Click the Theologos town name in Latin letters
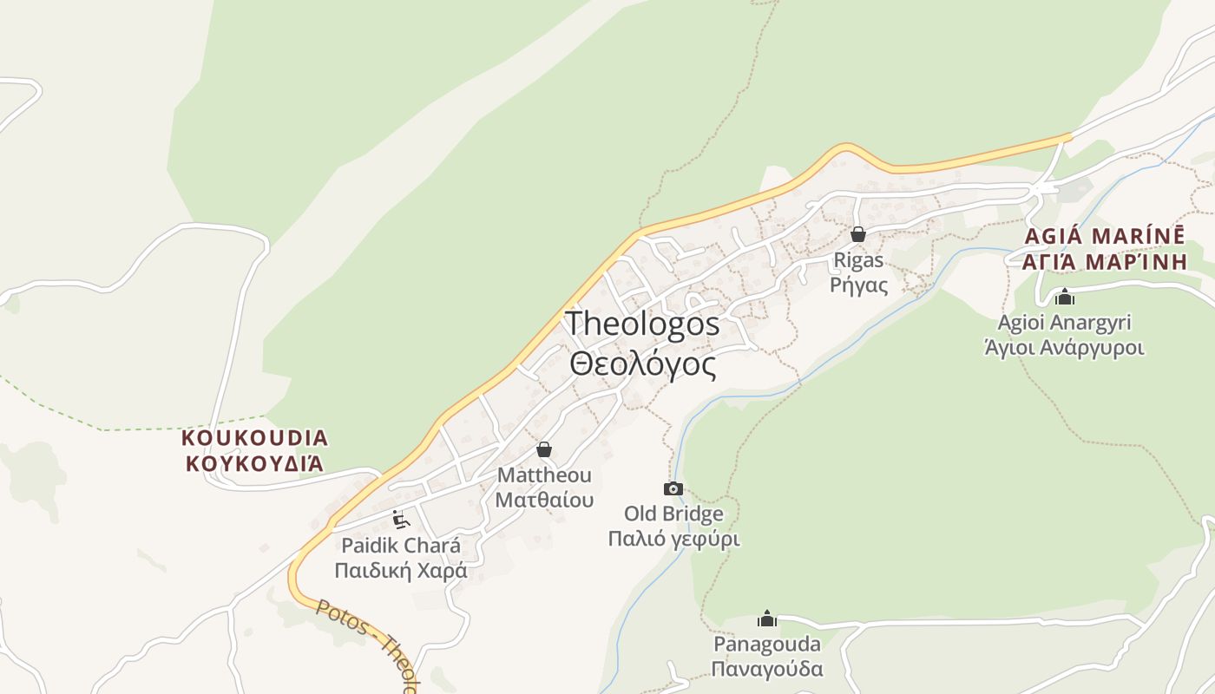(x=642, y=324)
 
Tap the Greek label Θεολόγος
(x=643, y=364)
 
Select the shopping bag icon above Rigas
(x=858, y=234)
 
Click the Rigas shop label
(x=858, y=260)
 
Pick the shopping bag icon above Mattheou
(x=544, y=449)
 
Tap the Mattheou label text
(x=544, y=475)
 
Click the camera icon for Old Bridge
(x=673, y=488)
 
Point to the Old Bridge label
(x=673, y=514)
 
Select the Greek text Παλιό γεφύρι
(x=673, y=539)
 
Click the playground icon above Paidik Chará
(x=401, y=520)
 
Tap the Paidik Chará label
(x=401, y=546)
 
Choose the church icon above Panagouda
(x=766, y=619)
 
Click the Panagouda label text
(x=767, y=645)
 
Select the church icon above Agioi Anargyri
(x=1065, y=298)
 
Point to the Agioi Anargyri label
(x=1065, y=323)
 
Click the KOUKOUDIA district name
(x=255, y=437)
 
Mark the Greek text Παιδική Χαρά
(x=401, y=571)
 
